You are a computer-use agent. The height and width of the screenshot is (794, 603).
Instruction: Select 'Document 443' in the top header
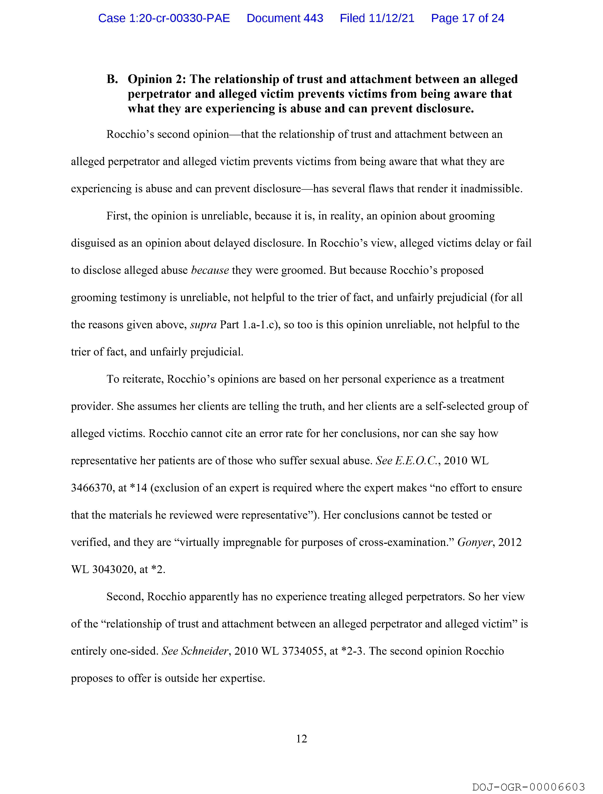285,18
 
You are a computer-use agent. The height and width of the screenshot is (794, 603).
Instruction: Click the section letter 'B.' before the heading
112,79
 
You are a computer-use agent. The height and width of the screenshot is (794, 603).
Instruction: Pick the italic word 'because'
210,270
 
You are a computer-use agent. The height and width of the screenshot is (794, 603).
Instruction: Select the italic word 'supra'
203,325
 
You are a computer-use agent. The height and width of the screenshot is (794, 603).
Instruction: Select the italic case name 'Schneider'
205,651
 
